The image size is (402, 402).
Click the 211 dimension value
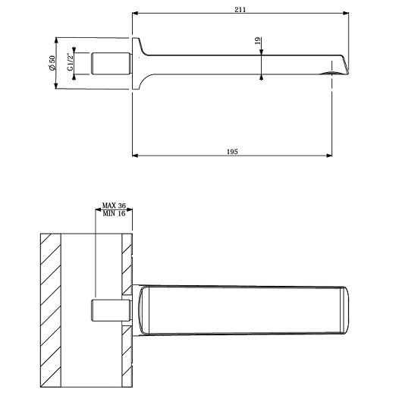240,10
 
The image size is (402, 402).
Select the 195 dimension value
232,152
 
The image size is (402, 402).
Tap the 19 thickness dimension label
258,41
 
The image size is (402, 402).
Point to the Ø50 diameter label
52,63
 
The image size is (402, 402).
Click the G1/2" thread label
70,61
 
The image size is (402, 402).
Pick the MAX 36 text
114,206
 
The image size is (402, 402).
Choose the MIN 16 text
114,213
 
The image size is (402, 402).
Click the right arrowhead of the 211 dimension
346,13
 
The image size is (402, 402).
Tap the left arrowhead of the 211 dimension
135,13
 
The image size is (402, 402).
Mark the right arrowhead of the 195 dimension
329,155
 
